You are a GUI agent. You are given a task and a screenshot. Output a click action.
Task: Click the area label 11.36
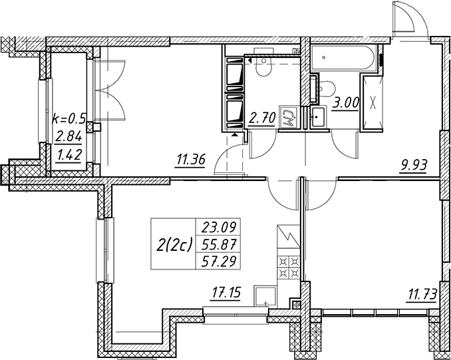(191, 160)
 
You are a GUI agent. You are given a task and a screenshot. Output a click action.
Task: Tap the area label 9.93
(412, 166)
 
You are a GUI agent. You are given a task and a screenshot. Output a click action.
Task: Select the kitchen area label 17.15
(225, 293)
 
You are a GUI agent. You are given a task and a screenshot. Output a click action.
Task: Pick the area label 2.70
(262, 118)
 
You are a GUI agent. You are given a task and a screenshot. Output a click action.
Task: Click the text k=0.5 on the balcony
(69, 118)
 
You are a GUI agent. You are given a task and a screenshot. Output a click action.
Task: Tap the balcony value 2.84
(69, 136)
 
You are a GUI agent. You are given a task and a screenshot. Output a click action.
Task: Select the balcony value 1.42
(69, 156)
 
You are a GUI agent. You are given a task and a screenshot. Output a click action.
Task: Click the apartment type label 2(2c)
(174, 246)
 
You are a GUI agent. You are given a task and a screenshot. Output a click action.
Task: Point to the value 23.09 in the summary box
(219, 228)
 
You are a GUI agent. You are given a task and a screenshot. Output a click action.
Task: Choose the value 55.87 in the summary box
(219, 245)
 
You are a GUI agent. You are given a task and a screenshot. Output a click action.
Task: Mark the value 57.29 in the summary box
(219, 262)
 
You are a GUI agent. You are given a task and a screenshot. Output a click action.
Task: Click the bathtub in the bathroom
(343, 57)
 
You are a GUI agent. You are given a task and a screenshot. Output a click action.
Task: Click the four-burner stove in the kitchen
(289, 268)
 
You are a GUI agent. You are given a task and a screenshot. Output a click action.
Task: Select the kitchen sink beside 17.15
(265, 296)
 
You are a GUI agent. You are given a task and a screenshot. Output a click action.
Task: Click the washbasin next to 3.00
(318, 117)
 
